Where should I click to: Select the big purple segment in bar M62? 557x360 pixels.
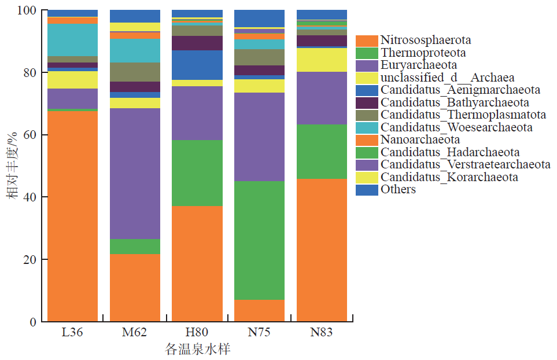(x=135, y=174)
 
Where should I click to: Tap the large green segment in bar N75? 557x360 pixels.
(x=259, y=240)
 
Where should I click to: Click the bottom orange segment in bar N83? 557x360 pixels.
(x=322, y=250)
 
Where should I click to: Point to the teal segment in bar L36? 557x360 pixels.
(x=72, y=40)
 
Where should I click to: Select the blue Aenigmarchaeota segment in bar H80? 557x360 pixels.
(x=197, y=65)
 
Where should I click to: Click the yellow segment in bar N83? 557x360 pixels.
(x=322, y=60)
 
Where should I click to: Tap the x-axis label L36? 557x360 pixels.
(x=72, y=333)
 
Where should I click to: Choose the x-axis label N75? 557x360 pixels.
(x=259, y=333)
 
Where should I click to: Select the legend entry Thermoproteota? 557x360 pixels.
(x=423, y=53)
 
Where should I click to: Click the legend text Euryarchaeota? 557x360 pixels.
(x=418, y=65)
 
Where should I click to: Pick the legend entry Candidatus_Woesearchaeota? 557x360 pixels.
(x=456, y=127)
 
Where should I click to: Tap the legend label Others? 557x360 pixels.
(x=398, y=189)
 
